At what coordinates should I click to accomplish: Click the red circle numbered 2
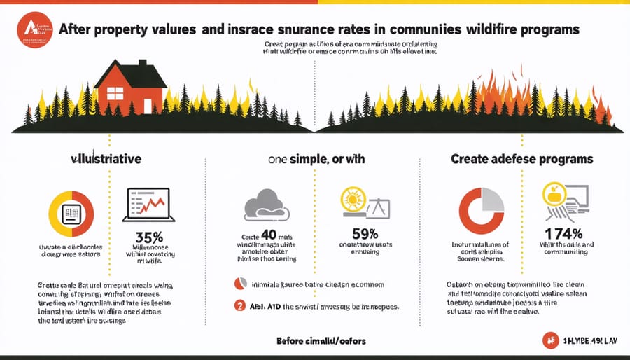(x=239, y=305)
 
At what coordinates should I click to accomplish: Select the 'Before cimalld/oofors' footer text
(x=319, y=341)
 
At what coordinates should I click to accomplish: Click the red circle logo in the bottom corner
(x=551, y=341)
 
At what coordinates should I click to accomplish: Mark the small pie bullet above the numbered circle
(x=239, y=284)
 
